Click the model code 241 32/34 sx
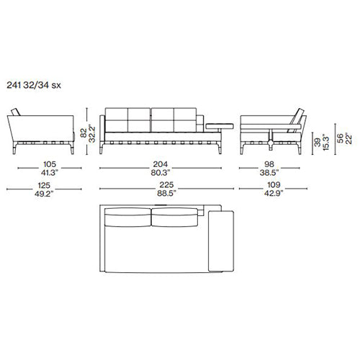click(x=34, y=85)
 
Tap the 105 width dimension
click(x=50, y=164)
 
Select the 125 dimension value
click(x=44, y=185)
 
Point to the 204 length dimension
click(x=161, y=164)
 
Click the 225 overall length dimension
click(x=166, y=185)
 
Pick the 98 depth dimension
click(x=269, y=164)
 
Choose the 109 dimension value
click(x=274, y=185)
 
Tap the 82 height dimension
click(x=84, y=133)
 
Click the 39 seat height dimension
click(x=318, y=142)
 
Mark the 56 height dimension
click(x=340, y=138)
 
